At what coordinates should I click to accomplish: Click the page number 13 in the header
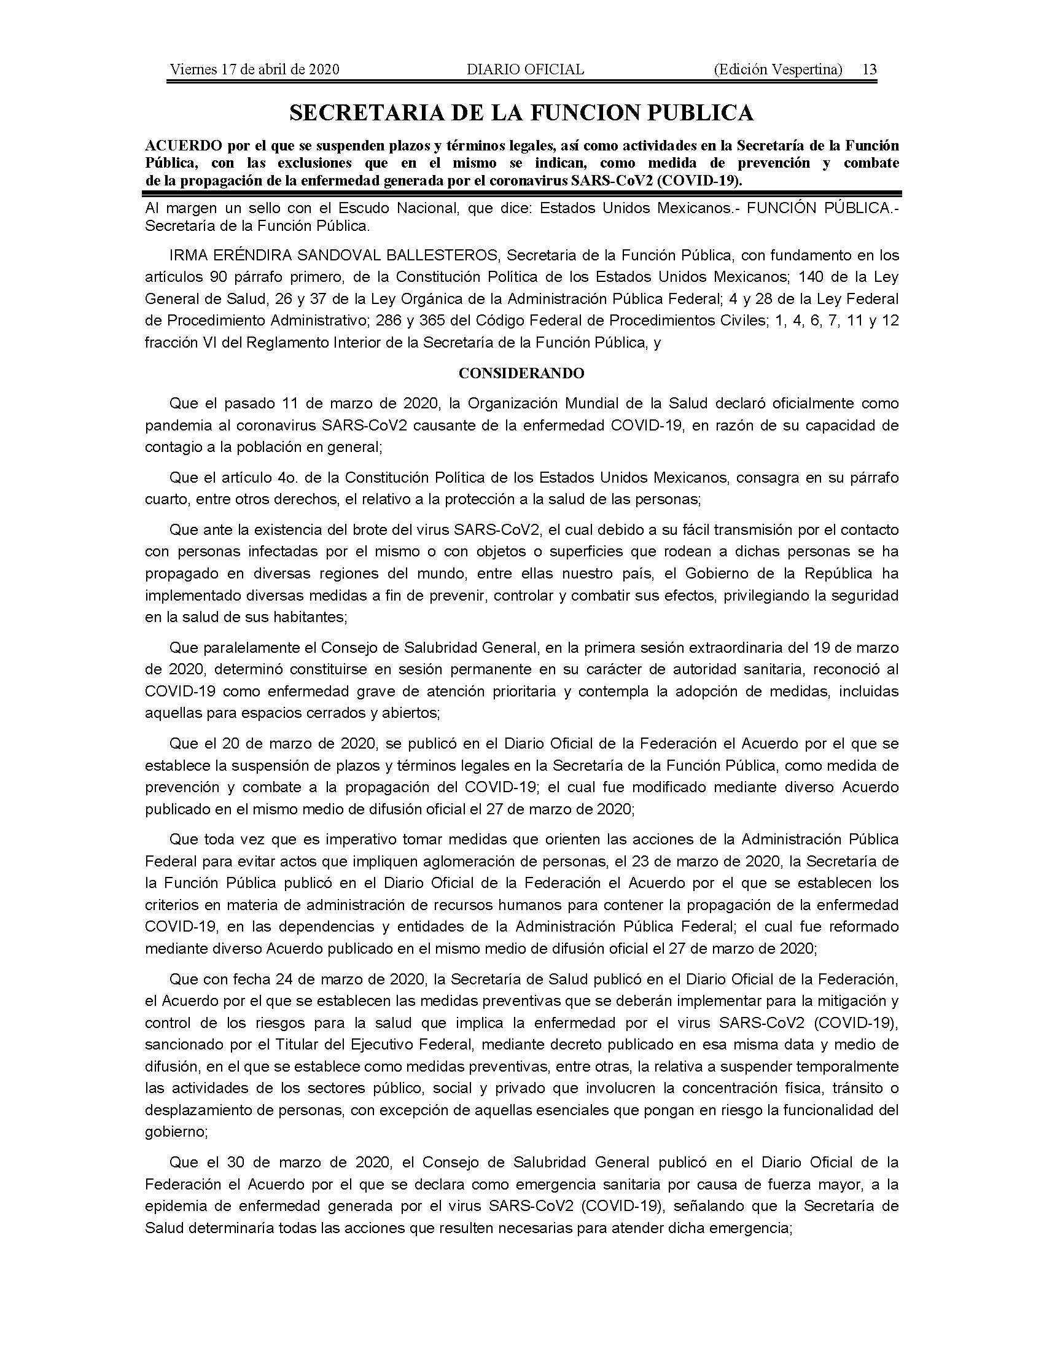(x=869, y=69)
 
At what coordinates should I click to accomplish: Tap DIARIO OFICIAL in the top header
(x=525, y=69)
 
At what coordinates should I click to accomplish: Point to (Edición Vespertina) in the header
(x=777, y=69)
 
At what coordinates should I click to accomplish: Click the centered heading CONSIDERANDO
(x=521, y=373)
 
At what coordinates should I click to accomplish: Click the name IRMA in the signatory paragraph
(x=186, y=255)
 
